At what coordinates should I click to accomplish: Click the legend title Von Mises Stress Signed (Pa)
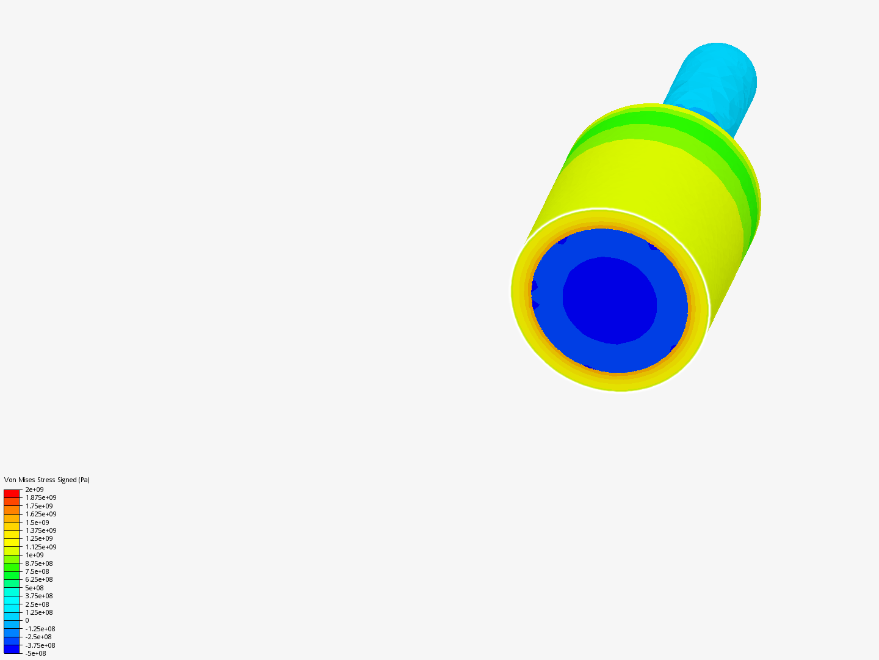(x=47, y=480)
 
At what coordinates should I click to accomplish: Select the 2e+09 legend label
(x=34, y=490)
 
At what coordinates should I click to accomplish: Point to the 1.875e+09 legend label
(x=41, y=497)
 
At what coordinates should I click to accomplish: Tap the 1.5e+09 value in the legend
(x=37, y=522)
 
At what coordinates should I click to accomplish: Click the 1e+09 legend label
(x=34, y=555)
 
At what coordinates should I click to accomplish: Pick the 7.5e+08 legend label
(x=37, y=571)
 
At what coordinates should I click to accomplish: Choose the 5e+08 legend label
(x=34, y=588)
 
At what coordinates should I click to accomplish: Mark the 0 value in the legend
(x=27, y=620)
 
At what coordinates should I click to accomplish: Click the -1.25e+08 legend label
(x=40, y=629)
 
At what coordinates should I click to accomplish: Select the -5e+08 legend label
(x=35, y=653)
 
